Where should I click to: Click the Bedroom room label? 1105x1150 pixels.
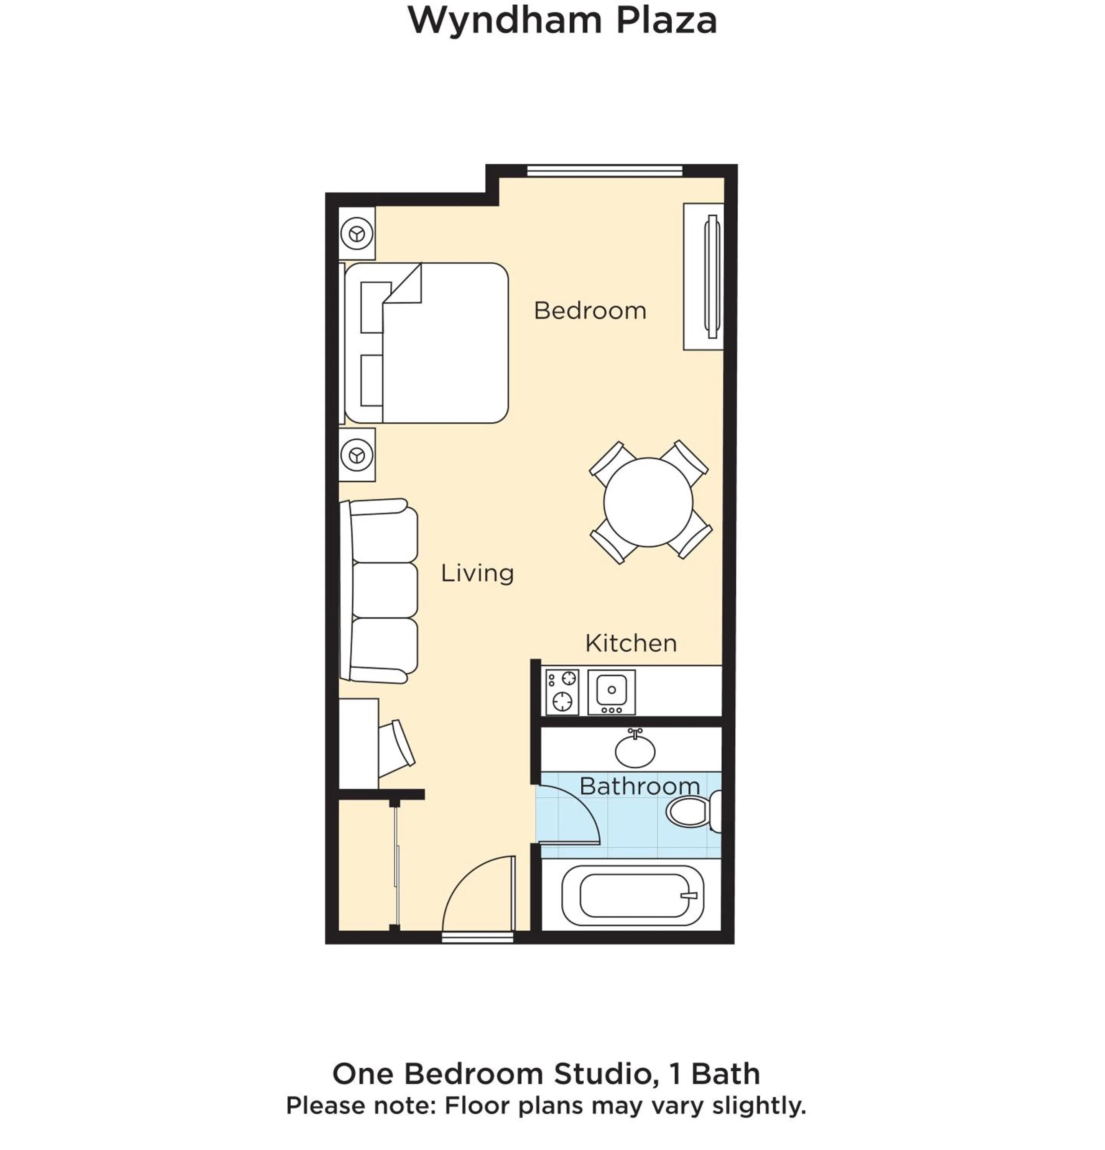590,310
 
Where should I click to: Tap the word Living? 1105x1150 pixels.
477,573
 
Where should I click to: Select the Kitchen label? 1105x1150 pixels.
631,643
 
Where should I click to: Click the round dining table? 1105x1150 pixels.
648,502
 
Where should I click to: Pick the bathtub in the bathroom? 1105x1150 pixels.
633,896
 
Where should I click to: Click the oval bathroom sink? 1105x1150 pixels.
635,751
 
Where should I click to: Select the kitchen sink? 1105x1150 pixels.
612,691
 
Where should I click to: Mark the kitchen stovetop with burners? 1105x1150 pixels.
562,692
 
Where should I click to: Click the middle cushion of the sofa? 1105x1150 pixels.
385,590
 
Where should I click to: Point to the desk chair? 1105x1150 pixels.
396,745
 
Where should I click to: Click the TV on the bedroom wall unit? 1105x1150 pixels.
712,276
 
